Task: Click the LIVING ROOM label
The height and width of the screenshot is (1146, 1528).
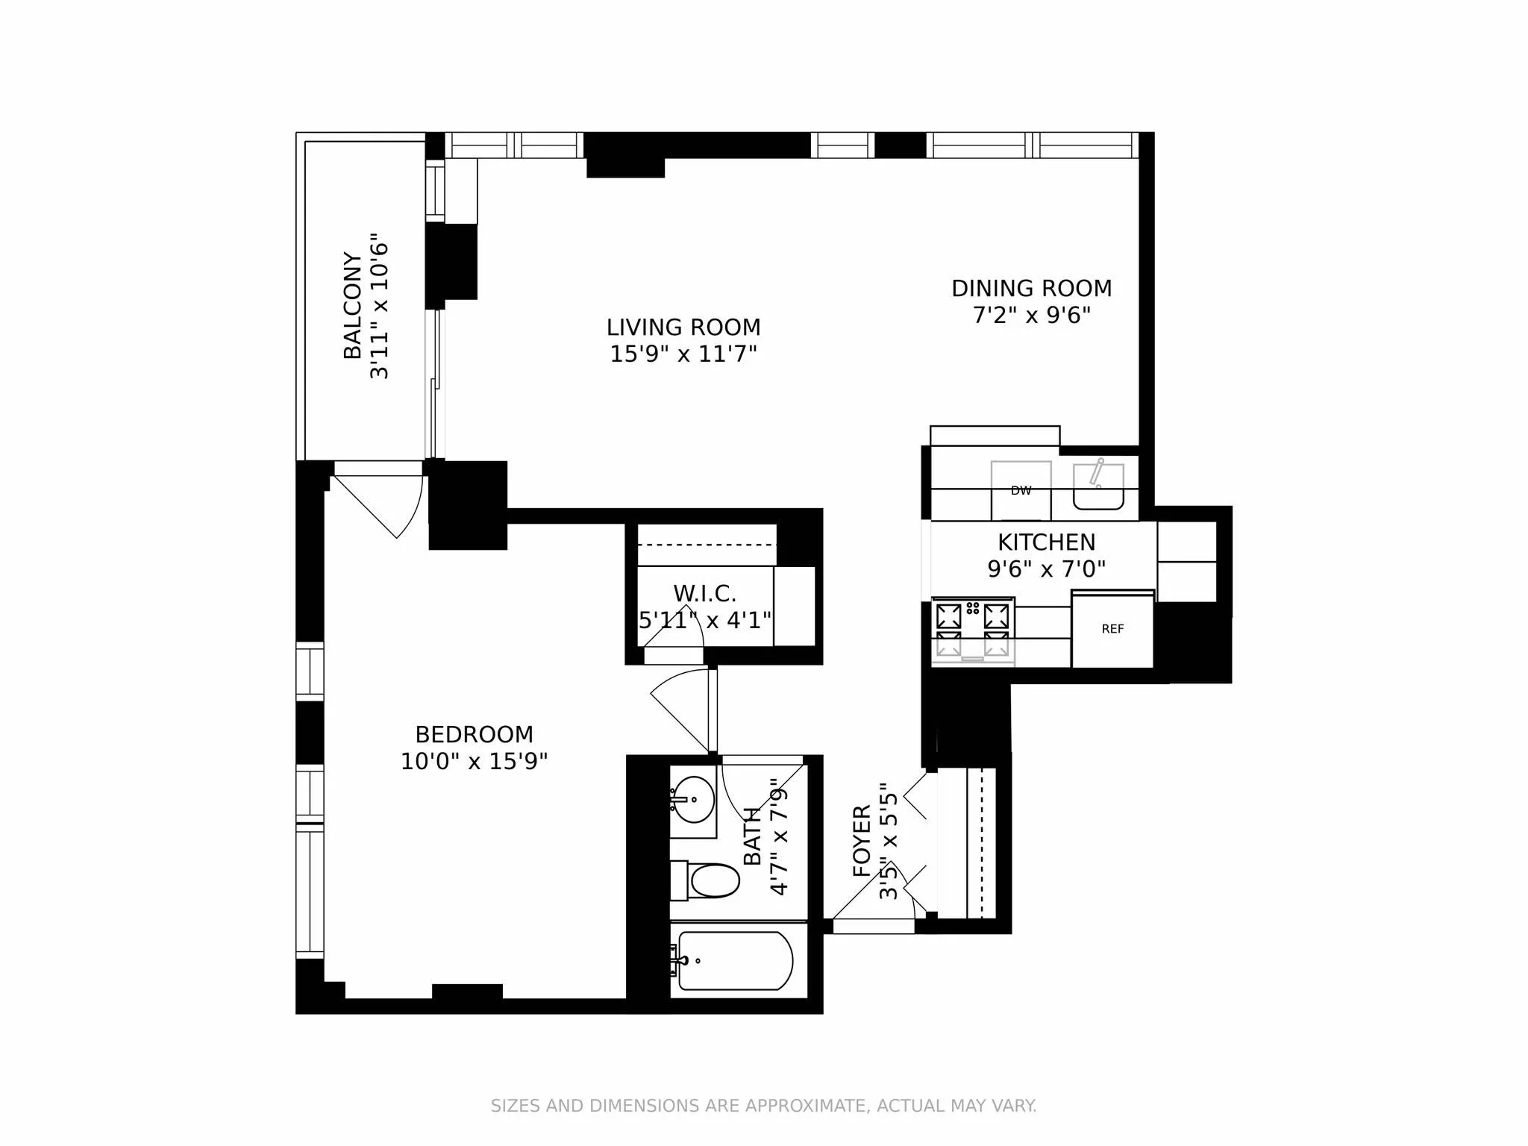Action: [683, 328]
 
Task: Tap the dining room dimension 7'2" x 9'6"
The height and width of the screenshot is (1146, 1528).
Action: [1031, 316]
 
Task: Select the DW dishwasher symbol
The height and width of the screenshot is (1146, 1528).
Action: [1021, 491]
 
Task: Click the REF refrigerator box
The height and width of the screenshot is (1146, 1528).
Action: [1112, 630]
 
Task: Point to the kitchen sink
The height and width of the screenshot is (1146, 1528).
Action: [1098, 487]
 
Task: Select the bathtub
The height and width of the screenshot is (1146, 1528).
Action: [735, 961]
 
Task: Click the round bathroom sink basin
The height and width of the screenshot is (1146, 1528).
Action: [693, 800]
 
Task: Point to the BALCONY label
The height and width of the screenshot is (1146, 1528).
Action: [352, 305]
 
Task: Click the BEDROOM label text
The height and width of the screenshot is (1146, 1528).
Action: [474, 735]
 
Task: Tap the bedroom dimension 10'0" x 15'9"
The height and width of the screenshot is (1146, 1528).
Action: [474, 762]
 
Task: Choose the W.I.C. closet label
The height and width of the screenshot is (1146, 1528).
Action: [704, 594]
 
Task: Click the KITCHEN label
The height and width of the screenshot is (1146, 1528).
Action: [1046, 542]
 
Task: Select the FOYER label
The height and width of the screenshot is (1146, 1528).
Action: [862, 841]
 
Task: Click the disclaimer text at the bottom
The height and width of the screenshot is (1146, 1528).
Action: [763, 1106]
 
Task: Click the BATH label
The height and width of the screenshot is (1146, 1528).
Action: [753, 836]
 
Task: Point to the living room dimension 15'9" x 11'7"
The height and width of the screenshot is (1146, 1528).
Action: [683, 354]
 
